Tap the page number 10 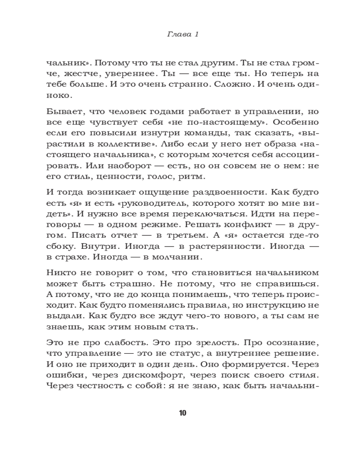[182, 413]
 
